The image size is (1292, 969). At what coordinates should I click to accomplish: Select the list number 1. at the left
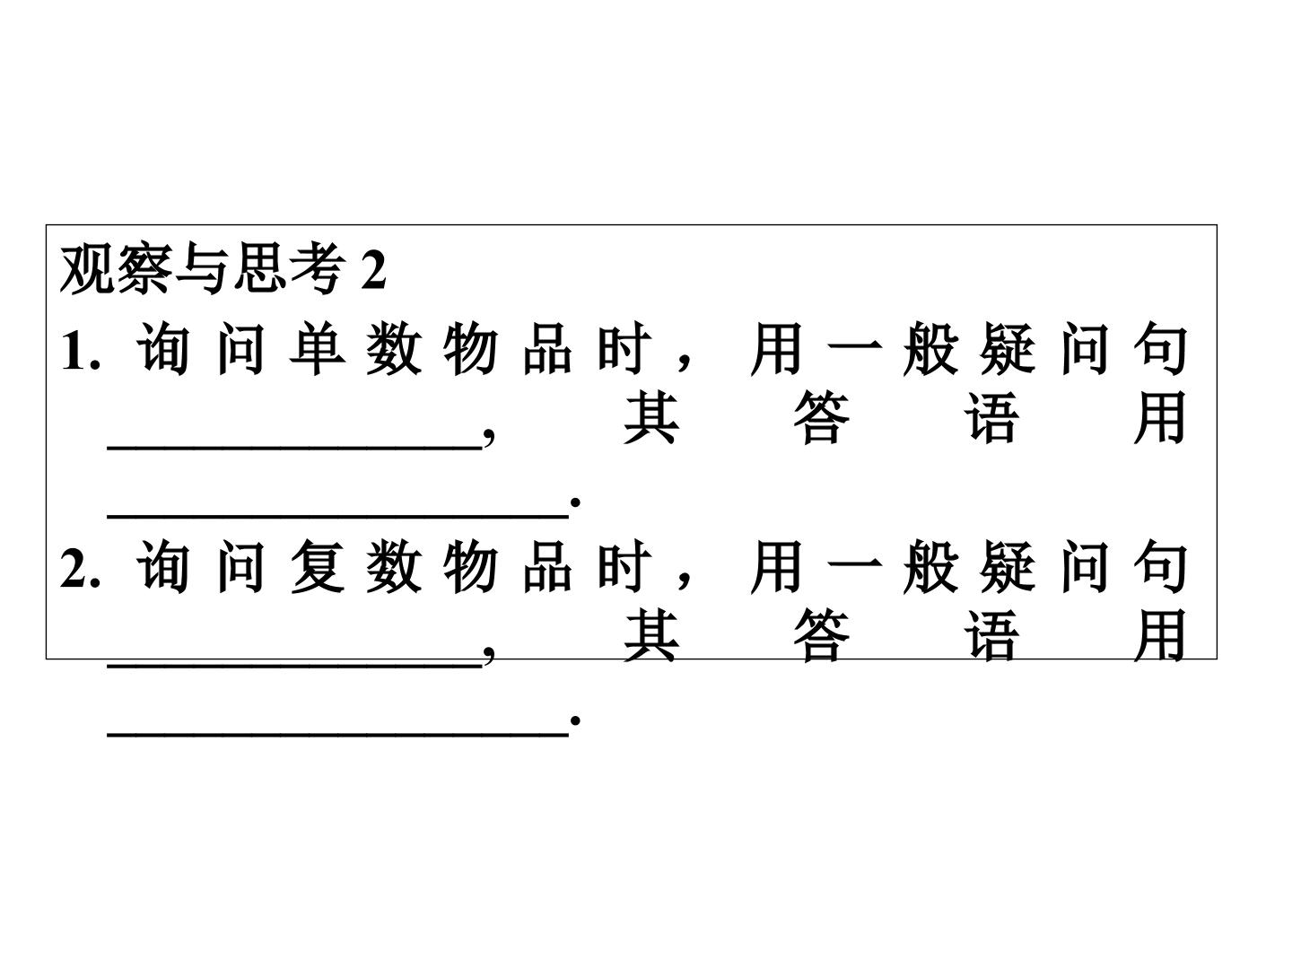81,352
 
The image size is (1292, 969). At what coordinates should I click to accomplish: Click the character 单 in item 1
318,349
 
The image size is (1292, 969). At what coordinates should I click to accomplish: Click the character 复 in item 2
318,566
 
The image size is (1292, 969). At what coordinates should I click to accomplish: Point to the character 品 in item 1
547,349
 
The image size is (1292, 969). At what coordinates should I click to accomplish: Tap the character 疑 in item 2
1008,566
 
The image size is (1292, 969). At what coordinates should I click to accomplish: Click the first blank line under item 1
294,450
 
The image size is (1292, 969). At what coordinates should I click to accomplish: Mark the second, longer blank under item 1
338,517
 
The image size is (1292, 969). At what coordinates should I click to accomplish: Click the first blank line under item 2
294,666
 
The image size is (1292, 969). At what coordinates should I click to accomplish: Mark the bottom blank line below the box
338,734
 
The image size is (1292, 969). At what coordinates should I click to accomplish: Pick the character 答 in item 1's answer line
822,418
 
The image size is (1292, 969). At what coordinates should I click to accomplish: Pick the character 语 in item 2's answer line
991,635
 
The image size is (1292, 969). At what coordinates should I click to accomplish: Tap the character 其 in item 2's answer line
651,635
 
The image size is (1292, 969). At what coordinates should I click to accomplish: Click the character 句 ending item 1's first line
1160,349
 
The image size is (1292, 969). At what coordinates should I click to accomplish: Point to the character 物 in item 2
471,566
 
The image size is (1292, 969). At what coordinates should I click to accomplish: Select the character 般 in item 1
931,349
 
